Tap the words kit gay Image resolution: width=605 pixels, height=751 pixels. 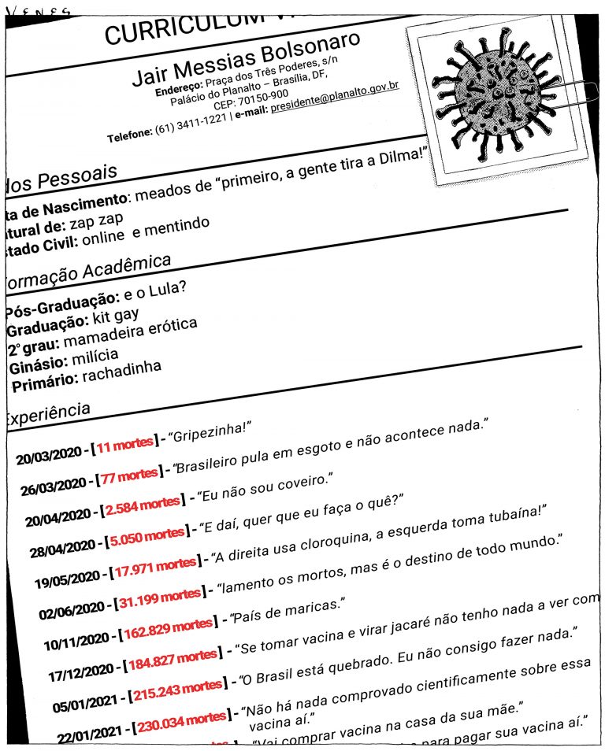(x=115, y=317)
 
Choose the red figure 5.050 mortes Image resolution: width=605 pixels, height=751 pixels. (x=147, y=538)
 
